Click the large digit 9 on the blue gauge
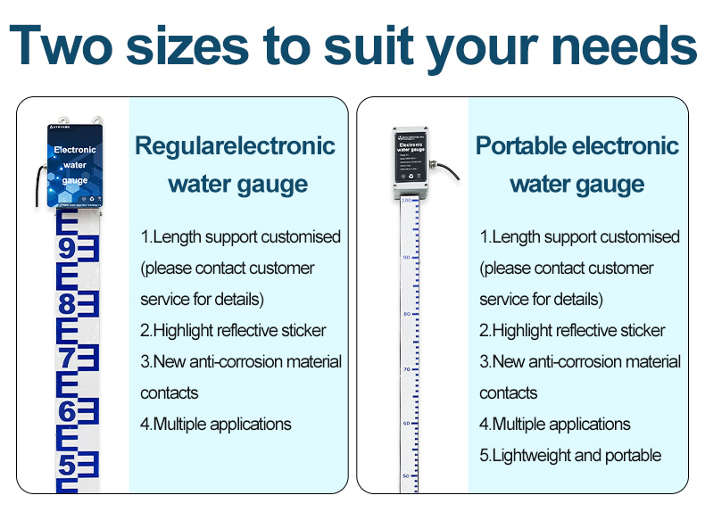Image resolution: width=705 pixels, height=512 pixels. (x=67, y=249)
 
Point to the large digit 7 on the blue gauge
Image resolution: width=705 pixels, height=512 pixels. (x=67, y=359)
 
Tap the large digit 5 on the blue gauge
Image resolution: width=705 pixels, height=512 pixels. (x=67, y=466)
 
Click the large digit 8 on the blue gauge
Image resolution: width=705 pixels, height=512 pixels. (x=67, y=304)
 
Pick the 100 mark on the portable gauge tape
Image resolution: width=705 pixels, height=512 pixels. (x=406, y=202)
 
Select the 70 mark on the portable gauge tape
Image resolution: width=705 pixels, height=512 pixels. (x=406, y=368)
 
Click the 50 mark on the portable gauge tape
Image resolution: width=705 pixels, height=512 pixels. (x=406, y=476)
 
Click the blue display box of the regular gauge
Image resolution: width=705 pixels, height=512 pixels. (x=75, y=166)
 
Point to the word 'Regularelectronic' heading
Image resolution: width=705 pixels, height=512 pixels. (x=235, y=146)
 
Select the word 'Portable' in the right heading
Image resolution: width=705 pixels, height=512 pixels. (x=520, y=146)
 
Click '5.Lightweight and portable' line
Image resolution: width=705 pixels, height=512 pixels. (x=570, y=456)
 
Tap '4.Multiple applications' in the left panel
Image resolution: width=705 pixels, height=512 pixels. (x=216, y=424)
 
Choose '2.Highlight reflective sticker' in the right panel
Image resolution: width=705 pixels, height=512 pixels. (x=572, y=330)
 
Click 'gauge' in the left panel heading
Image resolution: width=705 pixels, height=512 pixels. (x=264, y=185)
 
